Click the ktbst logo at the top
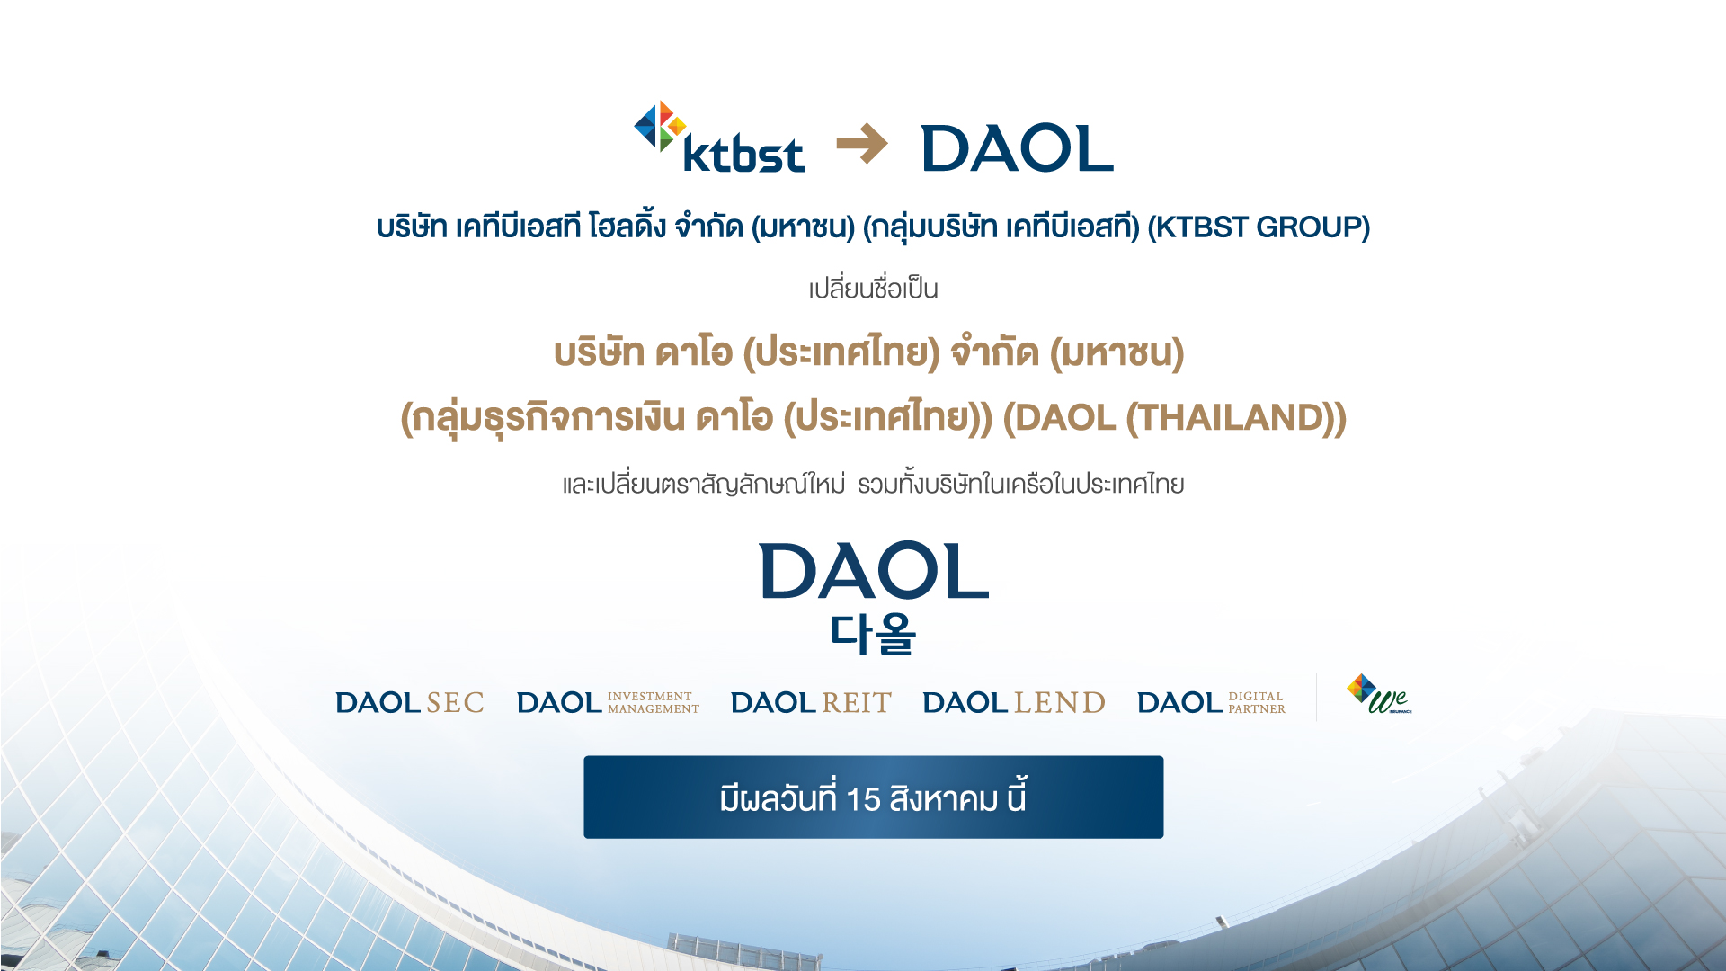click(719, 137)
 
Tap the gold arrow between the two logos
click(862, 144)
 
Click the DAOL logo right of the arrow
click(1018, 148)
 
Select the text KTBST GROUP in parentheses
click(1259, 227)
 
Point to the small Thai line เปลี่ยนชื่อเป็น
click(874, 289)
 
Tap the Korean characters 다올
click(873, 635)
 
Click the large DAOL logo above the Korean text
click(874, 571)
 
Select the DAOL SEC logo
click(410, 702)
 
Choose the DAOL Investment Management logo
click(608, 702)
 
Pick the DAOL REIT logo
click(811, 702)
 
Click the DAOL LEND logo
click(1014, 702)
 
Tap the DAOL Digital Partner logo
click(1212, 702)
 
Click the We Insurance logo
click(1379, 694)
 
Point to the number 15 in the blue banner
click(863, 799)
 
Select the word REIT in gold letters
click(857, 702)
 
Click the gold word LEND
click(1060, 702)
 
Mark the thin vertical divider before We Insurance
click(1317, 697)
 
